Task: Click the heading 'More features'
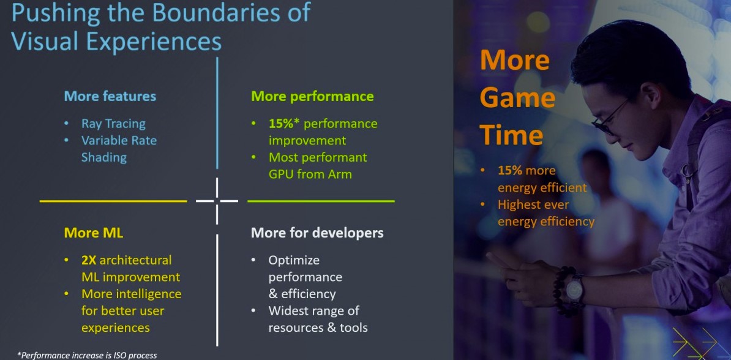110,97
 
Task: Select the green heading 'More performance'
312,97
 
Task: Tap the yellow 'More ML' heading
94,233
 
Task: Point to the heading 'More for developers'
318,233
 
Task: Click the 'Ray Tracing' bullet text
113,124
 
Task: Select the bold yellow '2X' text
89,260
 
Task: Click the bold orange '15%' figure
510,171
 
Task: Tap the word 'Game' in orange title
517,99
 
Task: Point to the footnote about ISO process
87,355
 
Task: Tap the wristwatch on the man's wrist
574,289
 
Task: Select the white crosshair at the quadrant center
217,201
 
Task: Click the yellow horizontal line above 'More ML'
113,201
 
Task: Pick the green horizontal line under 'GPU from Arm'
321,201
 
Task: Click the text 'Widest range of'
313,310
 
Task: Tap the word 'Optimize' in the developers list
294,261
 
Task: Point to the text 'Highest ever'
533,204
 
